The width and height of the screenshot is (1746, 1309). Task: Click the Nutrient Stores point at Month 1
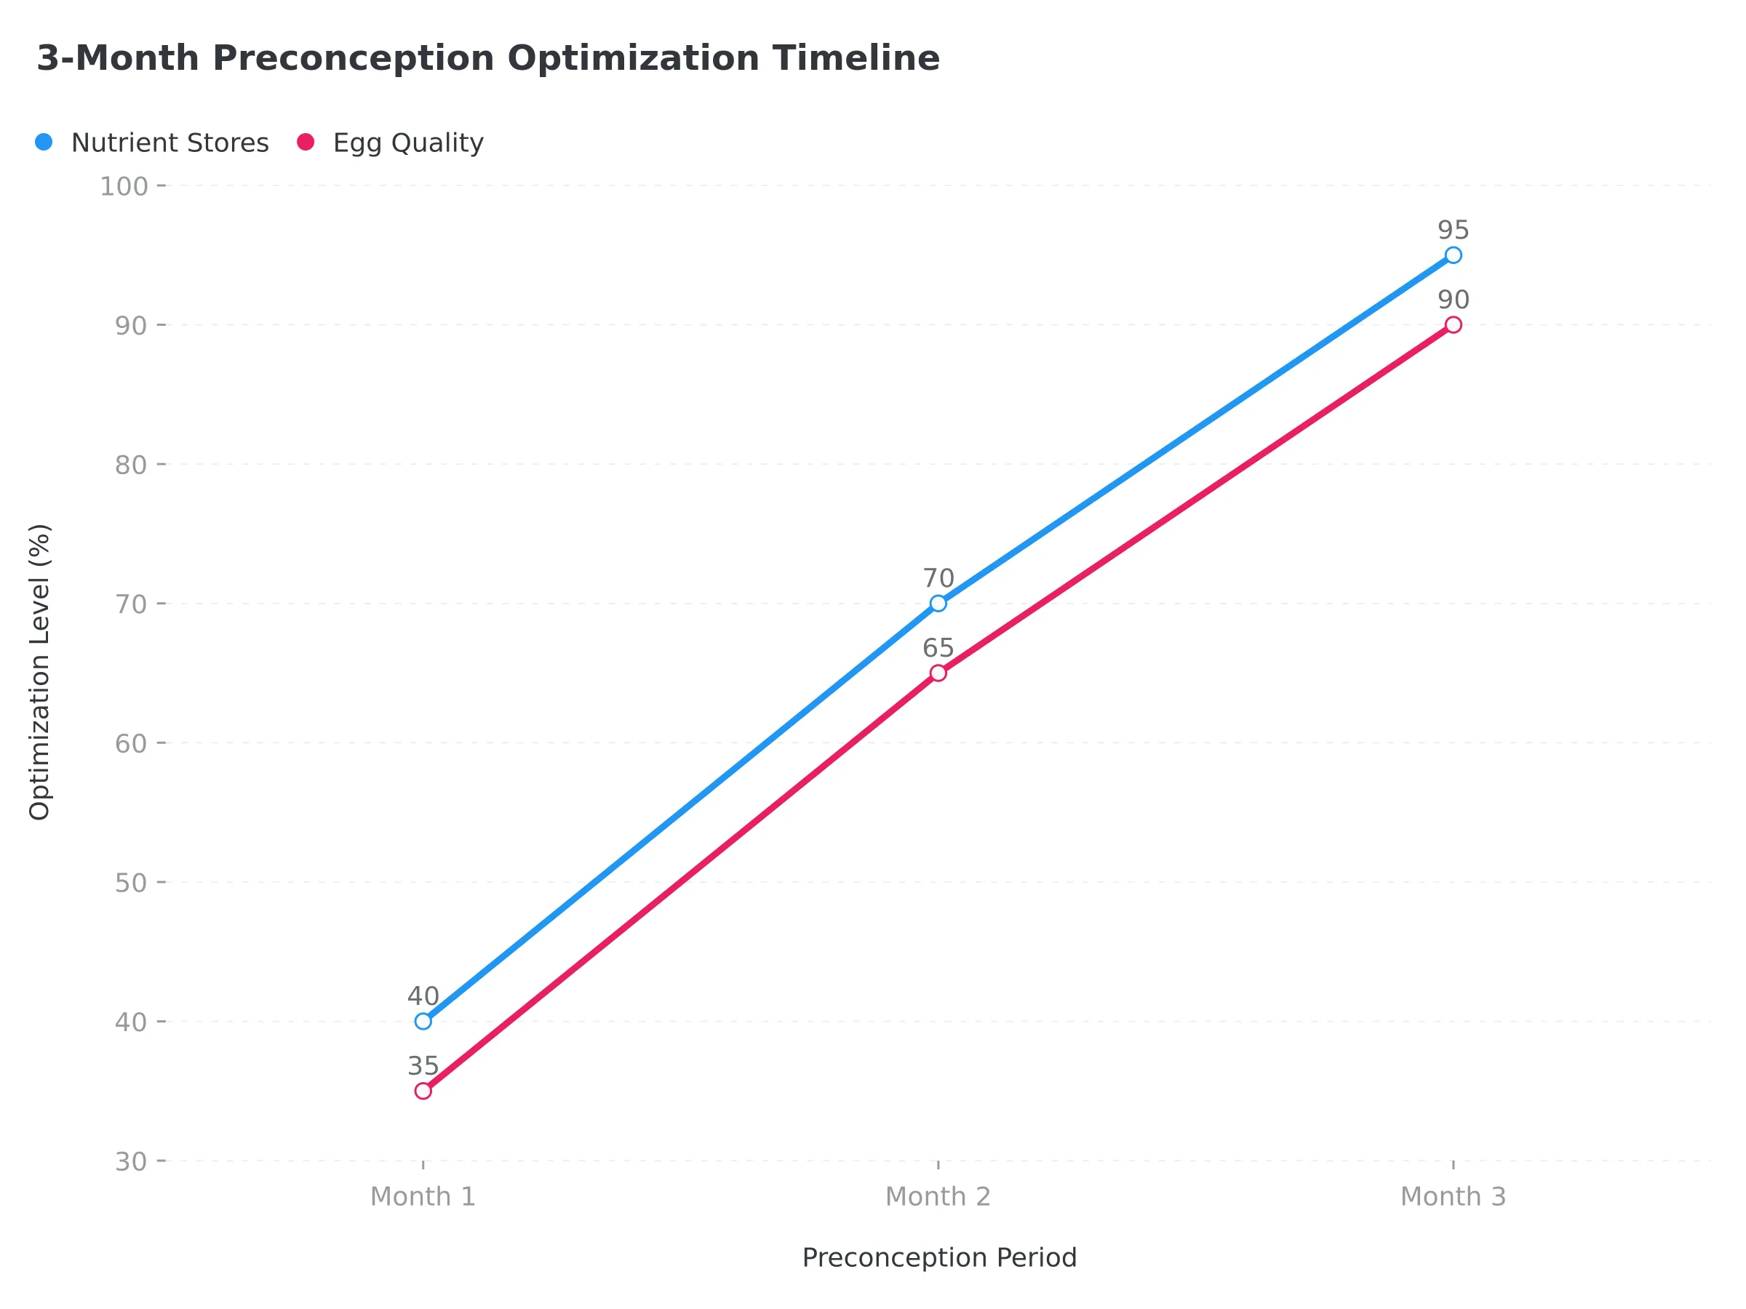coord(423,1021)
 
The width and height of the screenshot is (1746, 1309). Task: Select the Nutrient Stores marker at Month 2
coord(938,604)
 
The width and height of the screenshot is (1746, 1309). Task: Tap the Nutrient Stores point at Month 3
coord(1453,255)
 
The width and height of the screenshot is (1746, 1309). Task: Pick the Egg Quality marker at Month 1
coord(423,1092)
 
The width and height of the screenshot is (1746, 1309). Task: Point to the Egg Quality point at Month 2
coord(938,673)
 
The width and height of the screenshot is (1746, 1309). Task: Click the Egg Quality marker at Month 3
coord(1453,325)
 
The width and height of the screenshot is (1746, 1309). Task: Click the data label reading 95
coord(1453,231)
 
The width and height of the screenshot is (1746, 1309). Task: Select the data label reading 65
coord(938,649)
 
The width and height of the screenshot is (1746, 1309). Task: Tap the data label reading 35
coord(423,1066)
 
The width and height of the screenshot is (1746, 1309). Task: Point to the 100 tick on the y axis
coord(124,186)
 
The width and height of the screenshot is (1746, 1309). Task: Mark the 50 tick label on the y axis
coord(131,882)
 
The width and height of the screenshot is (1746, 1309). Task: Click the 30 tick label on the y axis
coord(131,1161)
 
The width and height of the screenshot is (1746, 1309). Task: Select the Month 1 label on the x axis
coord(423,1197)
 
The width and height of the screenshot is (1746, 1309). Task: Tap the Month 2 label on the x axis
coord(938,1197)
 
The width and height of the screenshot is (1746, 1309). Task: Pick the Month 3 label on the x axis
coord(1453,1197)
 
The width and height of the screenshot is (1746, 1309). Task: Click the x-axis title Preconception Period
coord(939,1257)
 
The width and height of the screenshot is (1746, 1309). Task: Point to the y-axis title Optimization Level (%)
coord(39,671)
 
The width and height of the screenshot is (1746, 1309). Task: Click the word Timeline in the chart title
coord(856,58)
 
